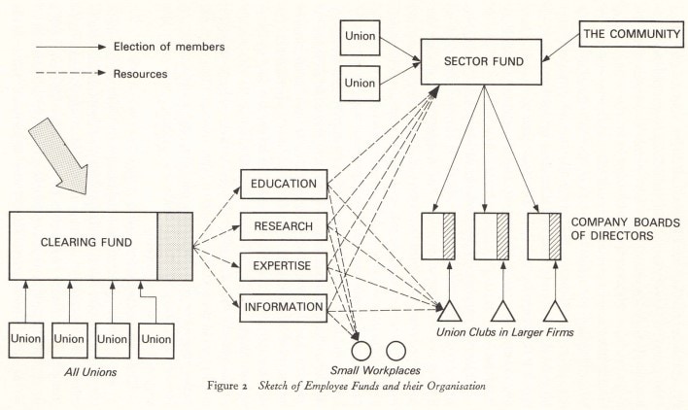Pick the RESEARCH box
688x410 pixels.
[x=283, y=226]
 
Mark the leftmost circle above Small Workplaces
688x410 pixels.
[x=362, y=349]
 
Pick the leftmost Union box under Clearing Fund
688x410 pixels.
[x=28, y=339]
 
